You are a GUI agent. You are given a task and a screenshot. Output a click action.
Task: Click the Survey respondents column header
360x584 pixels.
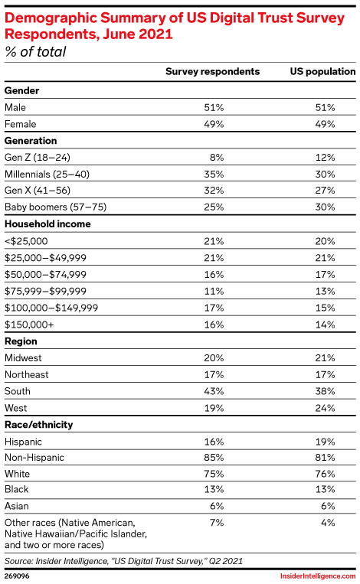[212, 71]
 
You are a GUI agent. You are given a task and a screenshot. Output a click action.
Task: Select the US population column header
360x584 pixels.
[322, 71]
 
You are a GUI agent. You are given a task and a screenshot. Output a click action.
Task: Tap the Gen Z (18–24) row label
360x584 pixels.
[38, 158]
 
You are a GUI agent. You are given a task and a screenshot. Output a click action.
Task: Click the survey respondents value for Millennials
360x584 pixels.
[214, 175]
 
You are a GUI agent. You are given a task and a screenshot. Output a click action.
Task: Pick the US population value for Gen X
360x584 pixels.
[325, 191]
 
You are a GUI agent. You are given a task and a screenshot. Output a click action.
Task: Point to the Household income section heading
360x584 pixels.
[47, 223]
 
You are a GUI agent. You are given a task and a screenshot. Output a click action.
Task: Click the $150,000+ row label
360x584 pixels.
[29, 325]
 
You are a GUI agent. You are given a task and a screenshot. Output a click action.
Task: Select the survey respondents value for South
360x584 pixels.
[214, 391]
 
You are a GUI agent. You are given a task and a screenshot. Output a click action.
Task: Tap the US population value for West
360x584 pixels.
[325, 408]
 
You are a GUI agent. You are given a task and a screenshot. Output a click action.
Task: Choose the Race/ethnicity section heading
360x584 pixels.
[39, 425]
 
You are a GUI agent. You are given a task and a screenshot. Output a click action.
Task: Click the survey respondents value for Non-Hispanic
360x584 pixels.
[214, 458]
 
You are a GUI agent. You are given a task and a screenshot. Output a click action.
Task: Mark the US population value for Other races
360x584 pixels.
[328, 523]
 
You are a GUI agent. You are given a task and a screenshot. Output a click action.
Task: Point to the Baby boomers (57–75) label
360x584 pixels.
[55, 207]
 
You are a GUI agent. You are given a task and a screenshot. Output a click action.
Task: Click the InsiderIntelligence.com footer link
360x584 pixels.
[318, 576]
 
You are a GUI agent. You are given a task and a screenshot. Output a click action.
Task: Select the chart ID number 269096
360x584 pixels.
[17, 576]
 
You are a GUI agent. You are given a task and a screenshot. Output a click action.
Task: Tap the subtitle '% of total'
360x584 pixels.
[35, 52]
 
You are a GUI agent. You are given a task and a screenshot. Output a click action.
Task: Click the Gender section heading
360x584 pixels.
[21, 90]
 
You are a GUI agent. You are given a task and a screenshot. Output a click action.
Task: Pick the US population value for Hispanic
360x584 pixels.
[325, 442]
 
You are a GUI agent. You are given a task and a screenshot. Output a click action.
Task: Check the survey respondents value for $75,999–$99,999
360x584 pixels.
[214, 292]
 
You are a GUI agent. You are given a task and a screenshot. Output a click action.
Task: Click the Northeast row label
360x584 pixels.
[27, 375]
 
